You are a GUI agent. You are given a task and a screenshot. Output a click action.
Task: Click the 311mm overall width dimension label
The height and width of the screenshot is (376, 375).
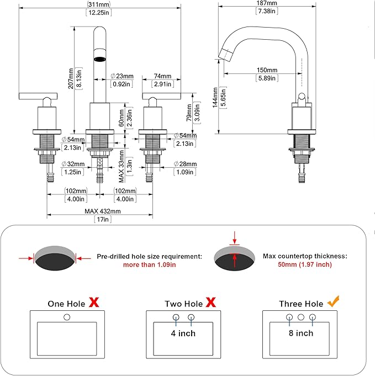[x=99, y=4]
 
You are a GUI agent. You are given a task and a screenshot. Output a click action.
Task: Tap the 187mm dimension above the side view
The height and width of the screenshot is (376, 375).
[x=267, y=3]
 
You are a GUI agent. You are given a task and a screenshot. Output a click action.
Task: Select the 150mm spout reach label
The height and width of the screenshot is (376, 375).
[x=267, y=70]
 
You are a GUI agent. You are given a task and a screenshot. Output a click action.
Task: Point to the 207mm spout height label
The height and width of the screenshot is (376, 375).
[x=71, y=78]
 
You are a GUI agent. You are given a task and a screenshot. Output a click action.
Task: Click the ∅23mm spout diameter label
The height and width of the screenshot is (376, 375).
[x=122, y=76]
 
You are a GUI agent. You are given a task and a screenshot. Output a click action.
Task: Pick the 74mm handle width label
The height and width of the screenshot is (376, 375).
[x=162, y=76]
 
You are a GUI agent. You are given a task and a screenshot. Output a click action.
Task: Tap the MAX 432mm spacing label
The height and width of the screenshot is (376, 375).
[x=102, y=211]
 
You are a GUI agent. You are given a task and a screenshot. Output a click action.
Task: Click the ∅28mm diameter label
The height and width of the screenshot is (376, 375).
[x=185, y=164]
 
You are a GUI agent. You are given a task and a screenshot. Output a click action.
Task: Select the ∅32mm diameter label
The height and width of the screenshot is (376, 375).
[x=73, y=164]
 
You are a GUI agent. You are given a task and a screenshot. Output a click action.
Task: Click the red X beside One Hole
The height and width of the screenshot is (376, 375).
[x=94, y=302]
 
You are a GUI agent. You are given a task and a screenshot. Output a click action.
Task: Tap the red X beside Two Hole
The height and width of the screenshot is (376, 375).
[x=210, y=302]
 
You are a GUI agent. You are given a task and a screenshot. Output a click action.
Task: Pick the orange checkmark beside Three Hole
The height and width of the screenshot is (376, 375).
[x=334, y=301]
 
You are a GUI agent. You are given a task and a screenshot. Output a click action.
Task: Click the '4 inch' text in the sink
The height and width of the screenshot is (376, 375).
[x=183, y=333]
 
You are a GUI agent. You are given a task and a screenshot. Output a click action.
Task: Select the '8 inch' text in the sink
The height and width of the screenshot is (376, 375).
[x=301, y=333]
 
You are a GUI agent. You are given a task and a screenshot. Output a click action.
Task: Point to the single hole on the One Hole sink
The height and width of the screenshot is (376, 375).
[x=67, y=317]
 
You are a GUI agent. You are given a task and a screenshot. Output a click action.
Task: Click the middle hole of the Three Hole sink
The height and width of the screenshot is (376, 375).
[x=301, y=317]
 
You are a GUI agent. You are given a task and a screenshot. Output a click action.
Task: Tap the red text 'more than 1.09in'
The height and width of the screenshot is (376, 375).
[x=150, y=264]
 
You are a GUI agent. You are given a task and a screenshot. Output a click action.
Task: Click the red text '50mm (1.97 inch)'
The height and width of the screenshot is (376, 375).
[x=305, y=264]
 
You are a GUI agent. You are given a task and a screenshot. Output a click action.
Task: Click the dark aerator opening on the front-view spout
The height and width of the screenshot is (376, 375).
[x=99, y=59]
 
